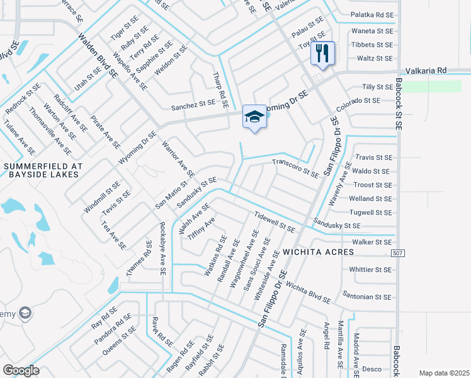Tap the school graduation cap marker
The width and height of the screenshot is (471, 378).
[254, 117]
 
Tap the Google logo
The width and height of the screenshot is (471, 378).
[21, 370]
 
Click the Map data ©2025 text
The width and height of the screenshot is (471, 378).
[444, 373]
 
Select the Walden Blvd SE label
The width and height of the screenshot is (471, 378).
[98, 55]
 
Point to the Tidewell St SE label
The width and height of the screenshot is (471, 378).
[275, 222]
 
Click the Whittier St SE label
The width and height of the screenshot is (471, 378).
[370, 269]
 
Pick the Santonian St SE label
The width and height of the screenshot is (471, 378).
[367, 296]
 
